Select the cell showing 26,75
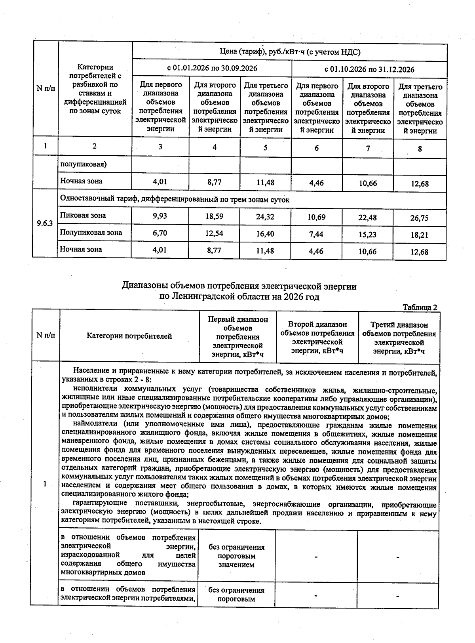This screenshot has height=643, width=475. tap(420, 218)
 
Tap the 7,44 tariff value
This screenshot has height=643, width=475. tap(316, 234)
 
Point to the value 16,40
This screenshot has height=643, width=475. tap(265, 234)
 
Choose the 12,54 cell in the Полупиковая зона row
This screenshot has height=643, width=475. tap(214, 234)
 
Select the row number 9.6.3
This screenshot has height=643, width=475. tap(45, 223)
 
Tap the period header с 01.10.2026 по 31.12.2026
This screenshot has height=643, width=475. tap(369, 69)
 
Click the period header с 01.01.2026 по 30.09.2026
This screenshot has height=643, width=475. tap(212, 68)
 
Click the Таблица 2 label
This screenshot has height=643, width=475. tap(420, 307)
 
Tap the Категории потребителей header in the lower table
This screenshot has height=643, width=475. tap(129, 336)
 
